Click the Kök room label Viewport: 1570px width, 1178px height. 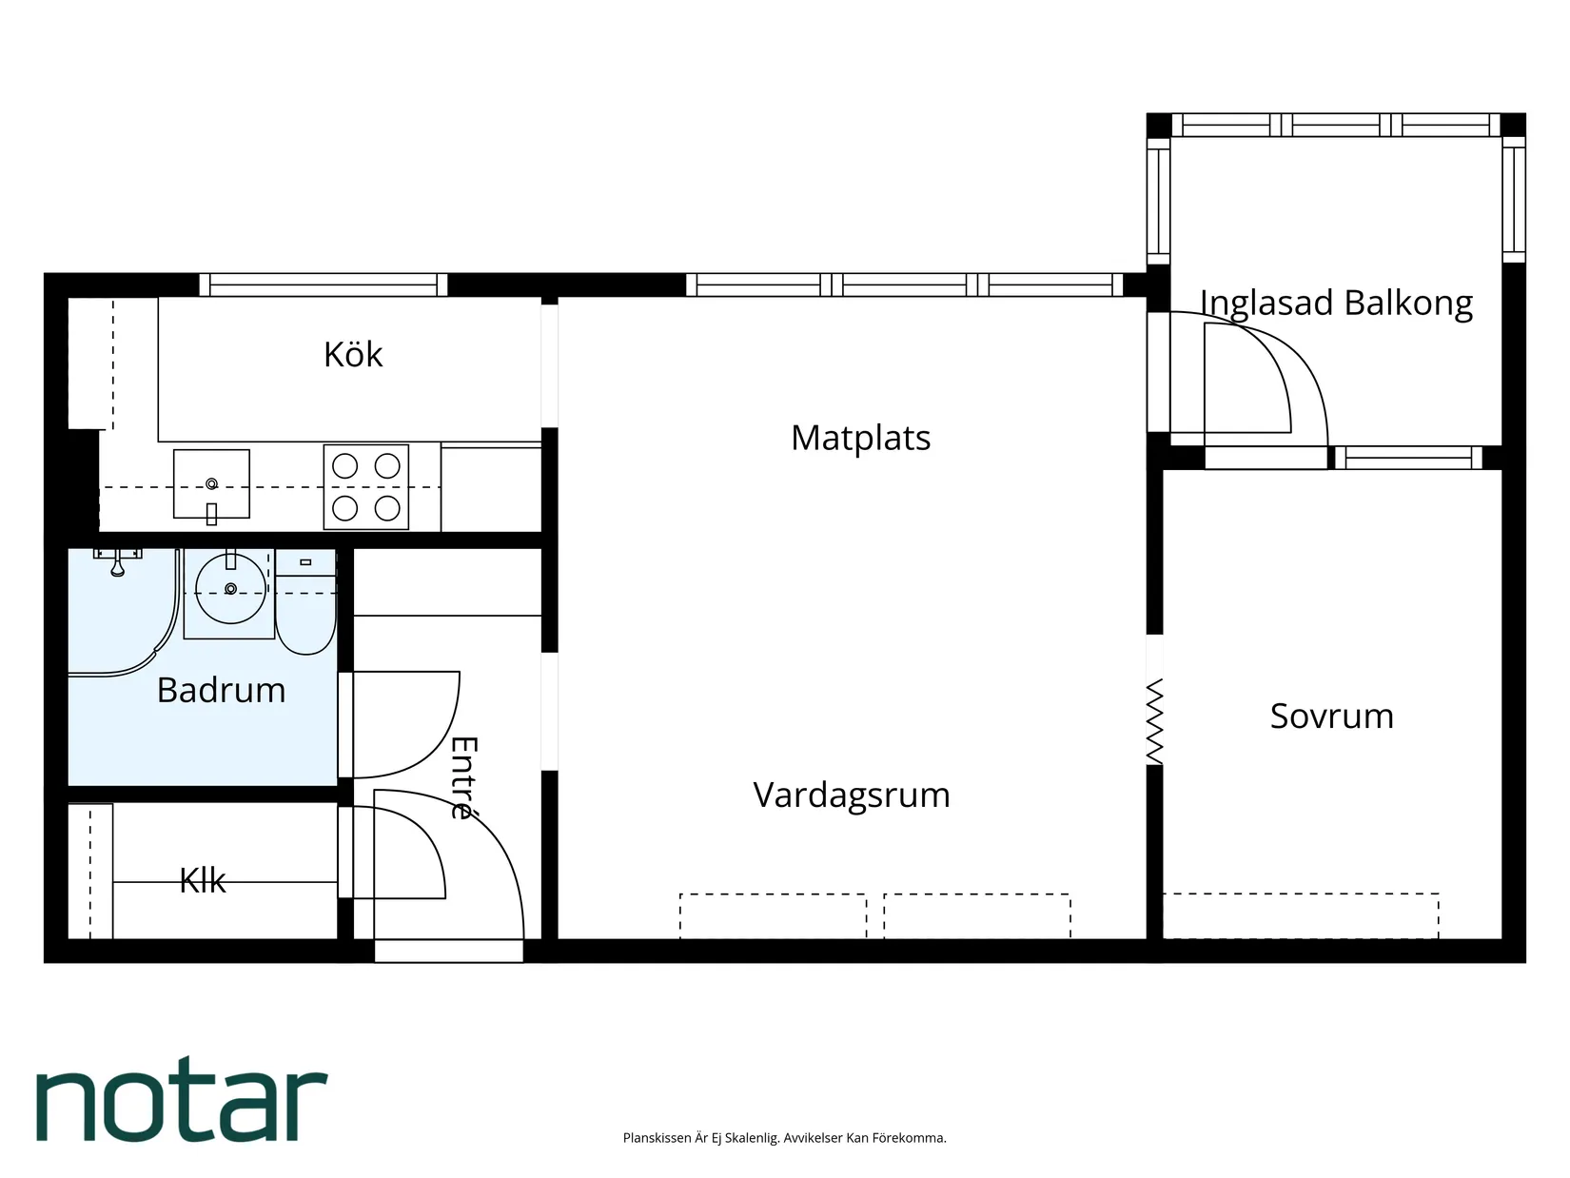(353, 355)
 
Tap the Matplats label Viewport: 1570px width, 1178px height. (860, 438)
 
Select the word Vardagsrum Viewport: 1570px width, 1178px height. (851, 795)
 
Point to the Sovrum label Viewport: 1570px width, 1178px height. (1331, 716)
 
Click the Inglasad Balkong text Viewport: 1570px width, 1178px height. (1336, 303)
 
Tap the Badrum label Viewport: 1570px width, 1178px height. (221, 690)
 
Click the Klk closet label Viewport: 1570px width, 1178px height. (203, 880)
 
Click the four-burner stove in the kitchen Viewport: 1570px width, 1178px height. (366, 487)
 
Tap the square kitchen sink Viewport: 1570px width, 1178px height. (211, 483)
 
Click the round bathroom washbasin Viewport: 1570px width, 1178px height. (230, 589)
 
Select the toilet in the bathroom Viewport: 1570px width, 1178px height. (305, 609)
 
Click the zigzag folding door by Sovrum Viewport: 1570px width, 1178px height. (1154, 720)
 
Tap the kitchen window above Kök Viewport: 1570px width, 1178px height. (323, 285)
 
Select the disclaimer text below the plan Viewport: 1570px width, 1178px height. (784, 1138)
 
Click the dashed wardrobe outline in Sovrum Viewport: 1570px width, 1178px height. (1300, 915)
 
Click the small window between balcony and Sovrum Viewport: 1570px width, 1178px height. (1408, 458)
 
